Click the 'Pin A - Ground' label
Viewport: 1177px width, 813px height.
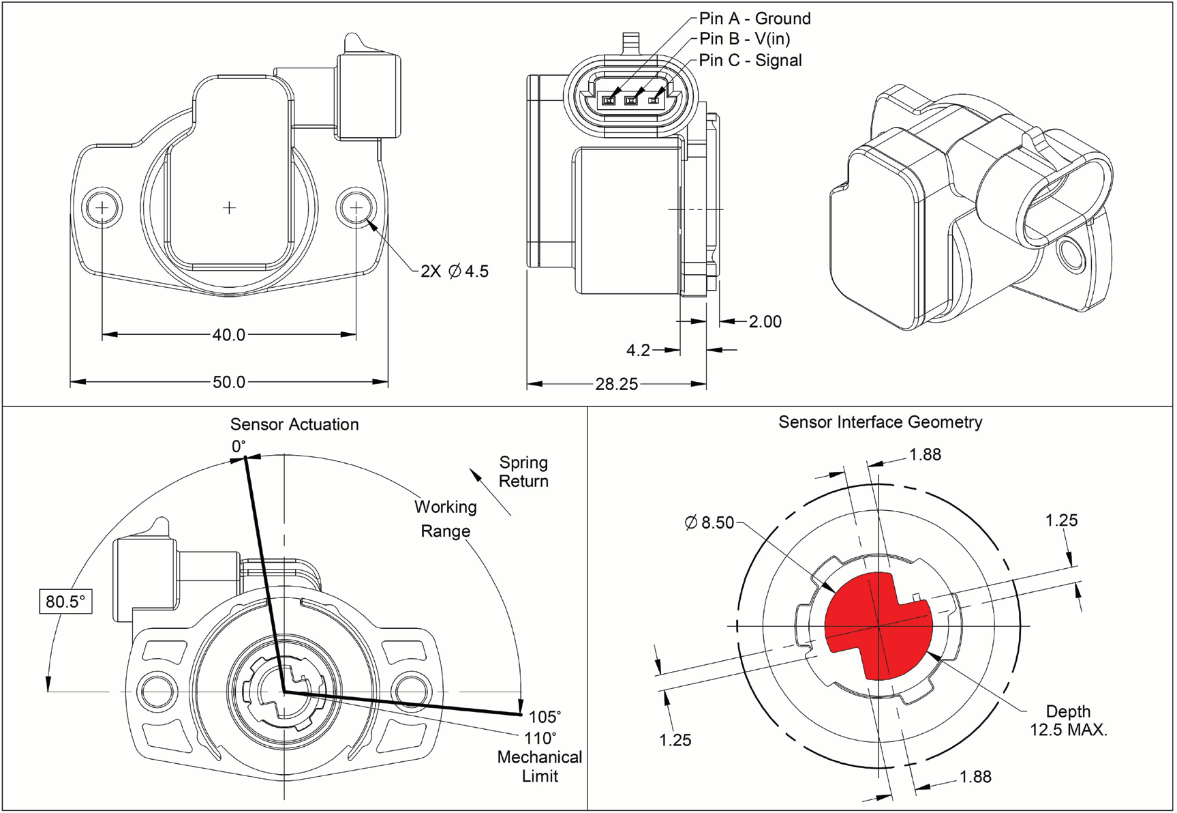(x=754, y=18)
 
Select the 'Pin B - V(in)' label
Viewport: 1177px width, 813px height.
(x=744, y=39)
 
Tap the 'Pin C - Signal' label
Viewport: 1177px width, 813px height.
(x=750, y=60)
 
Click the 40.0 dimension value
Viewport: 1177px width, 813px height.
(x=228, y=335)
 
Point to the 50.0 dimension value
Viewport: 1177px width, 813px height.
(x=228, y=382)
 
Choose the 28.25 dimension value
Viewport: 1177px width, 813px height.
(x=616, y=384)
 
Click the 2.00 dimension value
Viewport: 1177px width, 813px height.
(x=765, y=321)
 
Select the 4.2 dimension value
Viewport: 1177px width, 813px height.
(x=638, y=350)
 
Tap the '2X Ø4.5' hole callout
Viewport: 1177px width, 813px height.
(x=455, y=271)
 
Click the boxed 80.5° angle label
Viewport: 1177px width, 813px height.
(x=65, y=602)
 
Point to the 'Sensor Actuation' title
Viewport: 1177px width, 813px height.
(x=294, y=424)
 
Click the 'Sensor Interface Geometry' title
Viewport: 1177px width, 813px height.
(x=880, y=422)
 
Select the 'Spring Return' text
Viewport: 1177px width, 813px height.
(x=523, y=471)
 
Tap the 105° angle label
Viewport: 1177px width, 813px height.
(x=545, y=717)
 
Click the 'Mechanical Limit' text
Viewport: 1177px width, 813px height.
(x=539, y=767)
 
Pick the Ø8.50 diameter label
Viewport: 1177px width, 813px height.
(x=709, y=522)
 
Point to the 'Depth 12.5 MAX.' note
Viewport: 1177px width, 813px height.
(x=1068, y=720)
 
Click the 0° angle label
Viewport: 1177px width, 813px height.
(x=238, y=447)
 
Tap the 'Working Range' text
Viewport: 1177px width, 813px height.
(x=445, y=518)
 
